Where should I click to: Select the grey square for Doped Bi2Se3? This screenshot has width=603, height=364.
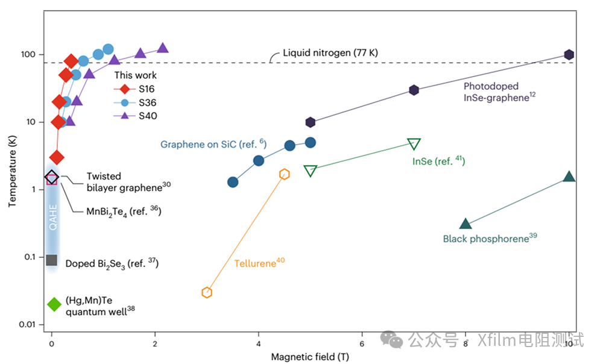[x=51, y=260]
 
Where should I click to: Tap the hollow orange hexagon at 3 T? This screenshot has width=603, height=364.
[x=207, y=292]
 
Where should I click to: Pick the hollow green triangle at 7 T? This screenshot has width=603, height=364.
[x=414, y=144]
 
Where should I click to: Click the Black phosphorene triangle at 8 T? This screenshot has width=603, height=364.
[x=466, y=224]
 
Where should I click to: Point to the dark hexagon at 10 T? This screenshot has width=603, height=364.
[x=569, y=55]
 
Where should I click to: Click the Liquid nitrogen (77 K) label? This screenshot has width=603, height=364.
[x=330, y=54]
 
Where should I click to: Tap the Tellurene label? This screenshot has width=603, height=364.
[x=259, y=263]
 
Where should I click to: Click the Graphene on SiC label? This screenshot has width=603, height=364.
[x=213, y=144]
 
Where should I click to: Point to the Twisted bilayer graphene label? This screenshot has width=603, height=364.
[x=124, y=181]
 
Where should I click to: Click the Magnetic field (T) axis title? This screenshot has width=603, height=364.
[x=310, y=356]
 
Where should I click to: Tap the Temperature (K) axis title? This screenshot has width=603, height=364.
[x=13, y=172]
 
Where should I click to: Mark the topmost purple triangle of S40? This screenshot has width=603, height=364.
[x=162, y=48]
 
